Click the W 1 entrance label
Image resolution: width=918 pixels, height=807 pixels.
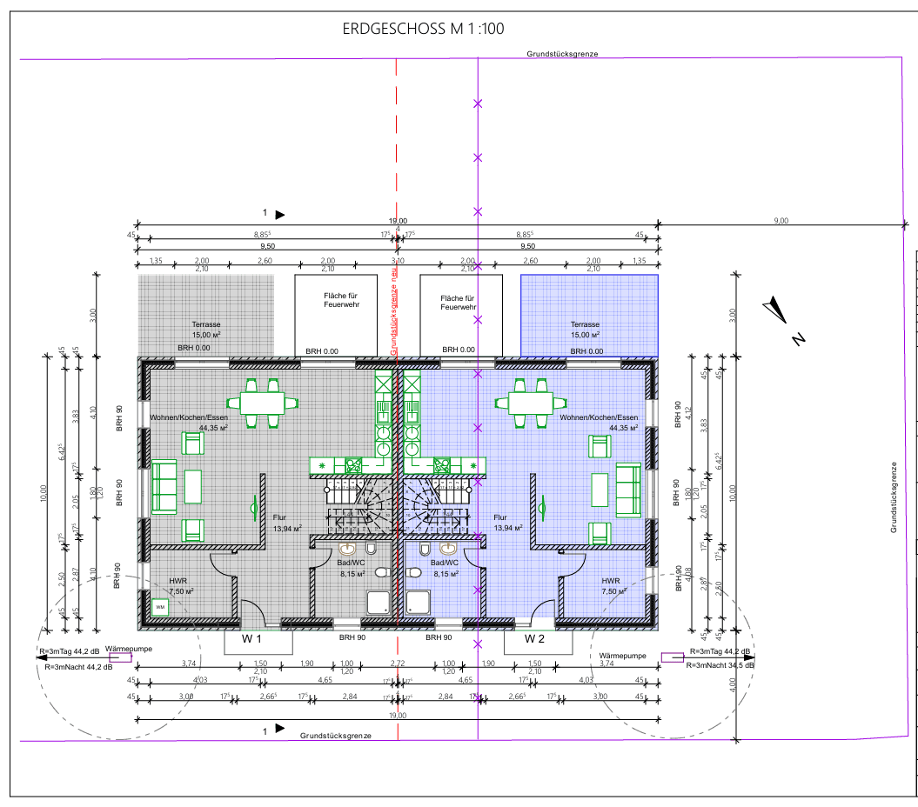click(252, 639)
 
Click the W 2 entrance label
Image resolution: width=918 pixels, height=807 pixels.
click(534, 639)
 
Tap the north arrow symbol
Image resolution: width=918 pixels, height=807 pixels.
click(778, 315)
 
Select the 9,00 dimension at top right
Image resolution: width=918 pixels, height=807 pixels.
click(781, 221)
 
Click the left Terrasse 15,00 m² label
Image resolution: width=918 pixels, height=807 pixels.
click(206, 329)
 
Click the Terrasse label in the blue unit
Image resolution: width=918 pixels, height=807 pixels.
click(585, 329)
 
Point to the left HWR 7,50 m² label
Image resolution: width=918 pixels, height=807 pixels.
click(180, 585)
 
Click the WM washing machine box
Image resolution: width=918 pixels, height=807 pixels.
click(160, 607)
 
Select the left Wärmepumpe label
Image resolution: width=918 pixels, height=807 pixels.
click(122, 648)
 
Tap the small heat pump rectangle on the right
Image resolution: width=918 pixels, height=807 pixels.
click(672, 657)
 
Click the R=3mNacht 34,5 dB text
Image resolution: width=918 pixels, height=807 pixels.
click(720, 664)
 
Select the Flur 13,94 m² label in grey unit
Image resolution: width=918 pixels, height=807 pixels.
click(286, 522)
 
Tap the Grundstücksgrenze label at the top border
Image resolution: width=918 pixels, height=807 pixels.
click(561, 54)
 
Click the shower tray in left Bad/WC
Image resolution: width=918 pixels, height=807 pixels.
click(379, 602)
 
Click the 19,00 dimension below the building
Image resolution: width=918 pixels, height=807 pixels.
click(398, 715)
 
